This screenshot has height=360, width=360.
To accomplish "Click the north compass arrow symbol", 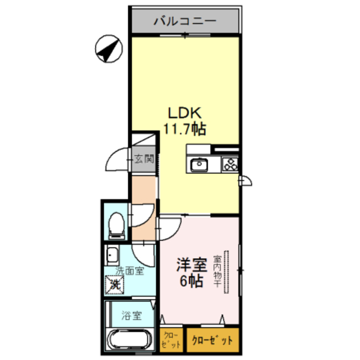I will coord(109,49).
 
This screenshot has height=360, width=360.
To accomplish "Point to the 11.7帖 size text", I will coord(184,129).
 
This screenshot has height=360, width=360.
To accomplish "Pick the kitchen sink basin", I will coord(199,165).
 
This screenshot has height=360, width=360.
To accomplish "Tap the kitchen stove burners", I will coord(230,165).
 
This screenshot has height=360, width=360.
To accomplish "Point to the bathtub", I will coord(129,340).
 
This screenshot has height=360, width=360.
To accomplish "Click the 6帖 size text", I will coord(191,282).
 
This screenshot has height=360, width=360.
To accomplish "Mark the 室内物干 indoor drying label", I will coord(217,273).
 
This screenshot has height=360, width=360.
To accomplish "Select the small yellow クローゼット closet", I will coord(171,340).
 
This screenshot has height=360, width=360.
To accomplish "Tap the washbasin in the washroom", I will coord(111,256).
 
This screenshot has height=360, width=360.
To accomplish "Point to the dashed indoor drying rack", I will coord(228,273).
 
